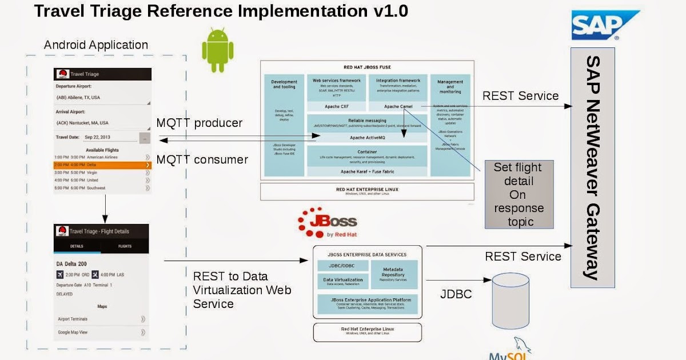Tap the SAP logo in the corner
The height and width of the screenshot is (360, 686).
click(x=605, y=25)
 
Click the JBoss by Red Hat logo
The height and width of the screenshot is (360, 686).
click(x=327, y=222)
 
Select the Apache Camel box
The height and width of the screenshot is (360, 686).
click(x=398, y=106)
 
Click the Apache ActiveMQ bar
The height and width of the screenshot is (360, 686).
click(x=367, y=138)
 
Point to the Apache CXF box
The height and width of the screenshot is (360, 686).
click(x=337, y=106)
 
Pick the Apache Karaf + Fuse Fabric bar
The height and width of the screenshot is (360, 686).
click(x=367, y=171)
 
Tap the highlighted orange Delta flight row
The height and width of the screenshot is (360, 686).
click(x=102, y=165)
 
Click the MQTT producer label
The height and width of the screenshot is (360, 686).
click(x=199, y=123)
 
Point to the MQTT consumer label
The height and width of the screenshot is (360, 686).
click(x=202, y=159)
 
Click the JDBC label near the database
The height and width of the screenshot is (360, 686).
click(x=456, y=294)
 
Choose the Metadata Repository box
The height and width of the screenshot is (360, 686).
click(x=394, y=274)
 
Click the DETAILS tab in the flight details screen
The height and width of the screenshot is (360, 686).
click(x=77, y=246)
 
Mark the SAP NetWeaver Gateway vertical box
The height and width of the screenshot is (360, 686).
click(x=592, y=167)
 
